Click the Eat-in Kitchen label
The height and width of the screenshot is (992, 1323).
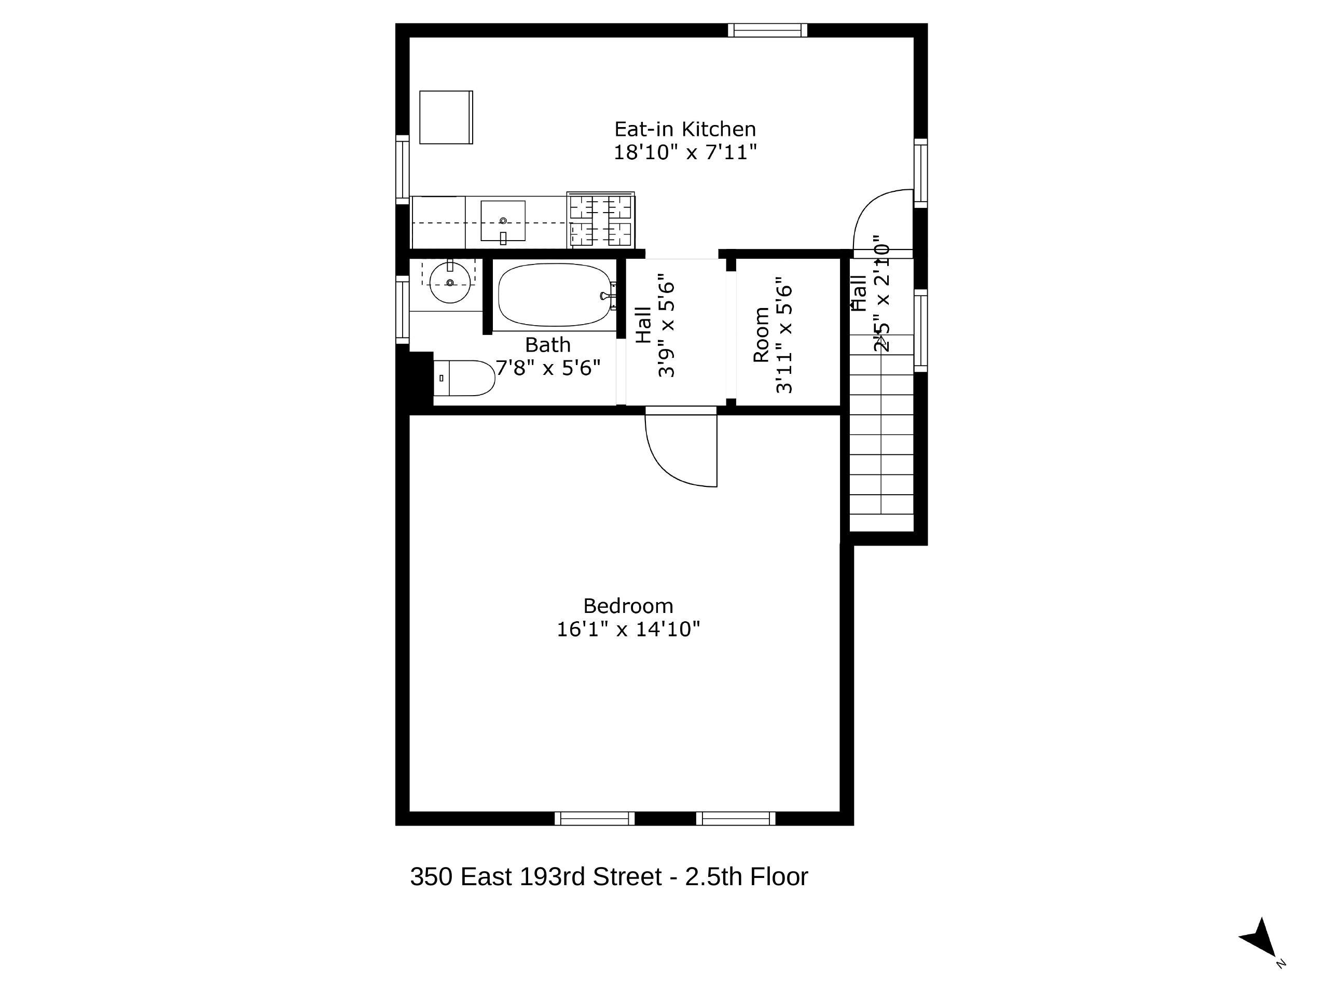coord(685,129)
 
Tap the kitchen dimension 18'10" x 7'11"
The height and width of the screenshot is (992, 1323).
coord(685,152)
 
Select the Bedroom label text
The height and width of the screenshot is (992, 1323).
coord(628,606)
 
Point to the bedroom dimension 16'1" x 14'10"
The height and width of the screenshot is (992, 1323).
coord(628,629)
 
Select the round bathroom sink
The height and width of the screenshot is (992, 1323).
coord(450,283)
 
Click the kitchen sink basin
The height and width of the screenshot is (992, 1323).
coord(503,220)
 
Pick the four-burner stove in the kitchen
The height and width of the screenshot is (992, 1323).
coord(600,220)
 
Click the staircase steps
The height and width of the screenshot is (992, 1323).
coord(881,442)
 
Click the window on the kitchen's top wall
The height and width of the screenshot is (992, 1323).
coord(767,30)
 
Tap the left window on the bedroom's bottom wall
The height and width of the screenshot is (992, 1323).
coord(594,819)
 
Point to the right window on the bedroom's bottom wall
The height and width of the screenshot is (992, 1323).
coord(736,819)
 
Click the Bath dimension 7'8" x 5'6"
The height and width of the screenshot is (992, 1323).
coord(548,368)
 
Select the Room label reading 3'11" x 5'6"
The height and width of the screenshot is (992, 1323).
coord(772,335)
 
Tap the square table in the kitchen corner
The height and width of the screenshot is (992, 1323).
coord(446,117)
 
